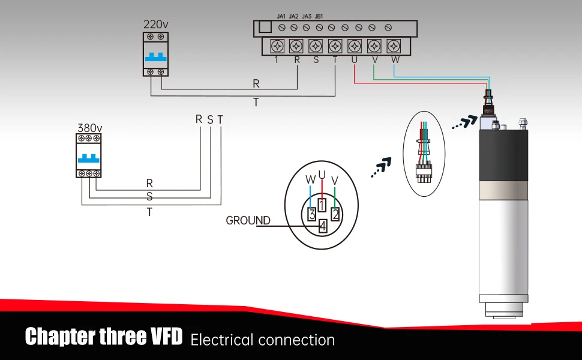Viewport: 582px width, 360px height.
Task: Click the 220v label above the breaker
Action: [155, 25]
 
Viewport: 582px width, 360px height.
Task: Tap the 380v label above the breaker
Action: [89, 128]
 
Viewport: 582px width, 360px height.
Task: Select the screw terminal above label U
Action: [355, 46]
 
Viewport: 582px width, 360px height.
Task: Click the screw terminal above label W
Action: [394, 46]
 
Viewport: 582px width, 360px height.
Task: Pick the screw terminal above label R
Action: [296, 46]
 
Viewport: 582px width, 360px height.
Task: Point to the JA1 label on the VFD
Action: [281, 16]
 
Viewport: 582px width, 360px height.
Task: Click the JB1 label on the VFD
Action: [319, 16]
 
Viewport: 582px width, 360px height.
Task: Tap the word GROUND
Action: [248, 221]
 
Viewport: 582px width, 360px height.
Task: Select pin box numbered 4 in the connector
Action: [322, 227]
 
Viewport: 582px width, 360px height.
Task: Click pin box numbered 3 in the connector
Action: [311, 214]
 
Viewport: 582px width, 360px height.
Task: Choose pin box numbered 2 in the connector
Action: [336, 214]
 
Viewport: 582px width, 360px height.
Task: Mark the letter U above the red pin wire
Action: [322, 175]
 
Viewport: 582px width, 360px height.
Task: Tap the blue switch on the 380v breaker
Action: [89, 161]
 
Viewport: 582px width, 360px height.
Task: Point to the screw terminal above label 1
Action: [277, 46]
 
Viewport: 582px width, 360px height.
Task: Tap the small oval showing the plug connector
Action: [424, 153]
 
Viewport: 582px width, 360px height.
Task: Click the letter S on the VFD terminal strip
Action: [316, 60]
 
